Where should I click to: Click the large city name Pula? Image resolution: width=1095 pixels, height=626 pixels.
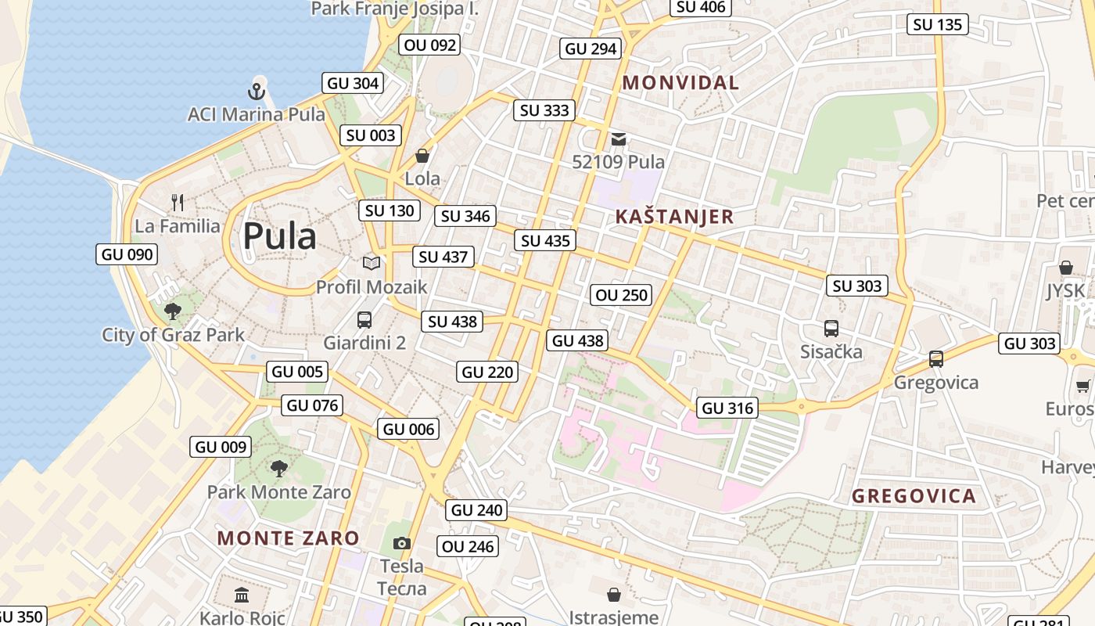point(279,236)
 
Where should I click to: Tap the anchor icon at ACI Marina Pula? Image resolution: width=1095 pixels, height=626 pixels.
point(257,92)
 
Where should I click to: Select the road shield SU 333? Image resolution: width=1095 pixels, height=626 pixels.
point(545,110)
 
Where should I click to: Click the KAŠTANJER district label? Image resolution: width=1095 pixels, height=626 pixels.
point(674,217)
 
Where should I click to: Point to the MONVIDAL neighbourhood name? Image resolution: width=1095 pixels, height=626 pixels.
point(680,82)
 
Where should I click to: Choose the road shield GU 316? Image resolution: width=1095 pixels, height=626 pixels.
point(727,408)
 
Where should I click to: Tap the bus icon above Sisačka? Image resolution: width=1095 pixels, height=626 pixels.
point(831,329)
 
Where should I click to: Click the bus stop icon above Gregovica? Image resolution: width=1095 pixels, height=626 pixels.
point(935,359)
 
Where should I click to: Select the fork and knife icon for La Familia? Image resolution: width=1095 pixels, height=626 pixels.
point(178,203)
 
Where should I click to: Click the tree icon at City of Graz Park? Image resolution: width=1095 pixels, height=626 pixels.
point(173,311)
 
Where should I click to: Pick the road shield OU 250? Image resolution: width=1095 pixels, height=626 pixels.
point(622,295)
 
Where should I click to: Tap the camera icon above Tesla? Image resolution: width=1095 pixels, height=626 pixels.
point(401,543)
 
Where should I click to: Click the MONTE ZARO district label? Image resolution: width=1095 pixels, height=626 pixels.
point(288,538)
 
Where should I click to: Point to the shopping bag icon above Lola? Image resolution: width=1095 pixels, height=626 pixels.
point(422,156)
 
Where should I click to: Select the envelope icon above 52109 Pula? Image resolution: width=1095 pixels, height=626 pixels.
point(619,139)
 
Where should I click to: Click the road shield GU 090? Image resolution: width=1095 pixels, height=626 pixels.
point(128,254)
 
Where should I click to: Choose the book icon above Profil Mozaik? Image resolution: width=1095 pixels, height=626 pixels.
point(372,264)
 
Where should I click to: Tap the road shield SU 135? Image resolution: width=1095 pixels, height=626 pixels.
point(938,24)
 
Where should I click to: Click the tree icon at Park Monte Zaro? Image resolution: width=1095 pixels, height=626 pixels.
point(278,469)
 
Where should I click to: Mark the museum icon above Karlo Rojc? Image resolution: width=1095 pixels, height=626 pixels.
point(242,595)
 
